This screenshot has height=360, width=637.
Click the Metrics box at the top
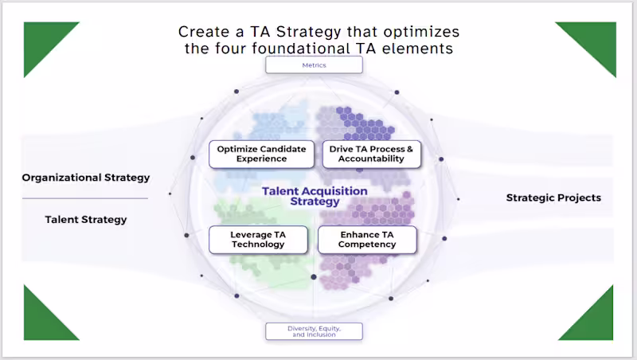[x=314, y=65]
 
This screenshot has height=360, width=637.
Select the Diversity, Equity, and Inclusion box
[x=314, y=331]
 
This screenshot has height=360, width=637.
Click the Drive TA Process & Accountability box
[x=371, y=154]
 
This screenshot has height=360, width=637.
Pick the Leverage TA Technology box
[x=257, y=240]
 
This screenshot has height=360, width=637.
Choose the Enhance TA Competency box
[x=367, y=240]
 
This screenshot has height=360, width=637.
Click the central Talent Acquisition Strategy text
[x=315, y=196]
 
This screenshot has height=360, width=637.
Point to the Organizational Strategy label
[x=85, y=178]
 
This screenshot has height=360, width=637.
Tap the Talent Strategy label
[x=85, y=219]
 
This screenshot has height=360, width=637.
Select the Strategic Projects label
[x=553, y=198]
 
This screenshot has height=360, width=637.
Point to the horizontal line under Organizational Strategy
[x=85, y=198]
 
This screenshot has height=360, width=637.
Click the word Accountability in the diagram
[x=371, y=158]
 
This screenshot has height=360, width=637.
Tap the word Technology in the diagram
[x=257, y=245]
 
